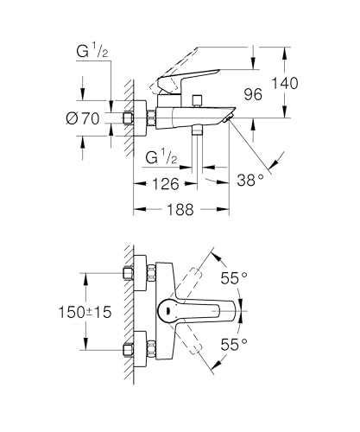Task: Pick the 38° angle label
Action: (x=251, y=179)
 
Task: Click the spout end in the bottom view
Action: (x=235, y=312)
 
